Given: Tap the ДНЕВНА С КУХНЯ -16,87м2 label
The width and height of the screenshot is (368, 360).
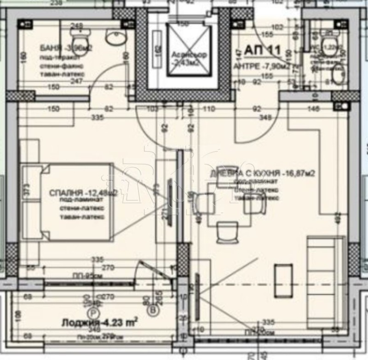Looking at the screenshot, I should (x=262, y=174).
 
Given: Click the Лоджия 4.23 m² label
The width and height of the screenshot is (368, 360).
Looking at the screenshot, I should (x=99, y=323).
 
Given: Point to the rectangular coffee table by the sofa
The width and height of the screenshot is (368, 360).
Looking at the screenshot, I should (x=283, y=277).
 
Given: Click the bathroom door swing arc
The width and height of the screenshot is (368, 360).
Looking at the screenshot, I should (x=99, y=83).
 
